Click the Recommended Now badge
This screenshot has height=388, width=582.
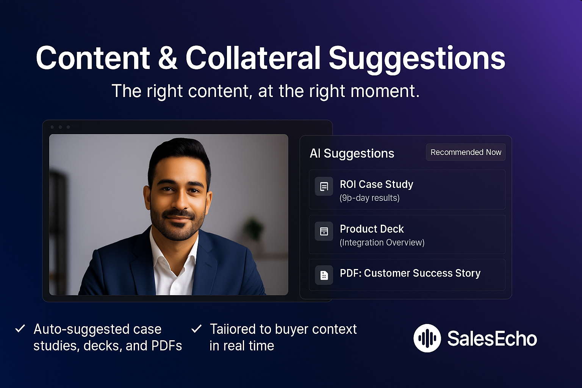tap(466, 152)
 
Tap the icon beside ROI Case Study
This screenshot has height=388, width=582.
tap(324, 186)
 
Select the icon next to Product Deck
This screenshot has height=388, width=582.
tap(324, 231)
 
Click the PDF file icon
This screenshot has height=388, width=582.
tap(324, 275)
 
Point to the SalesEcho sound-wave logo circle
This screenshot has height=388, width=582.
tap(427, 338)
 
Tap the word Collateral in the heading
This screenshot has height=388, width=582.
tap(253, 58)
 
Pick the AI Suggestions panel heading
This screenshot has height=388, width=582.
tap(352, 153)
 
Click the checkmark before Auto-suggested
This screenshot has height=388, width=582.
tap(20, 329)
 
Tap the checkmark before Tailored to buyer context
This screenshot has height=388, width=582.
tap(196, 329)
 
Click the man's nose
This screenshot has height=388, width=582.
tap(178, 201)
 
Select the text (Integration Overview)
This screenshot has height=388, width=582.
tap(382, 242)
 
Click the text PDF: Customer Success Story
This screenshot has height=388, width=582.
tap(410, 273)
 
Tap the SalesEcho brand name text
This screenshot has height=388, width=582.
tap(492, 338)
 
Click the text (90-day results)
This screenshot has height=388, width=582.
tap(369, 198)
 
